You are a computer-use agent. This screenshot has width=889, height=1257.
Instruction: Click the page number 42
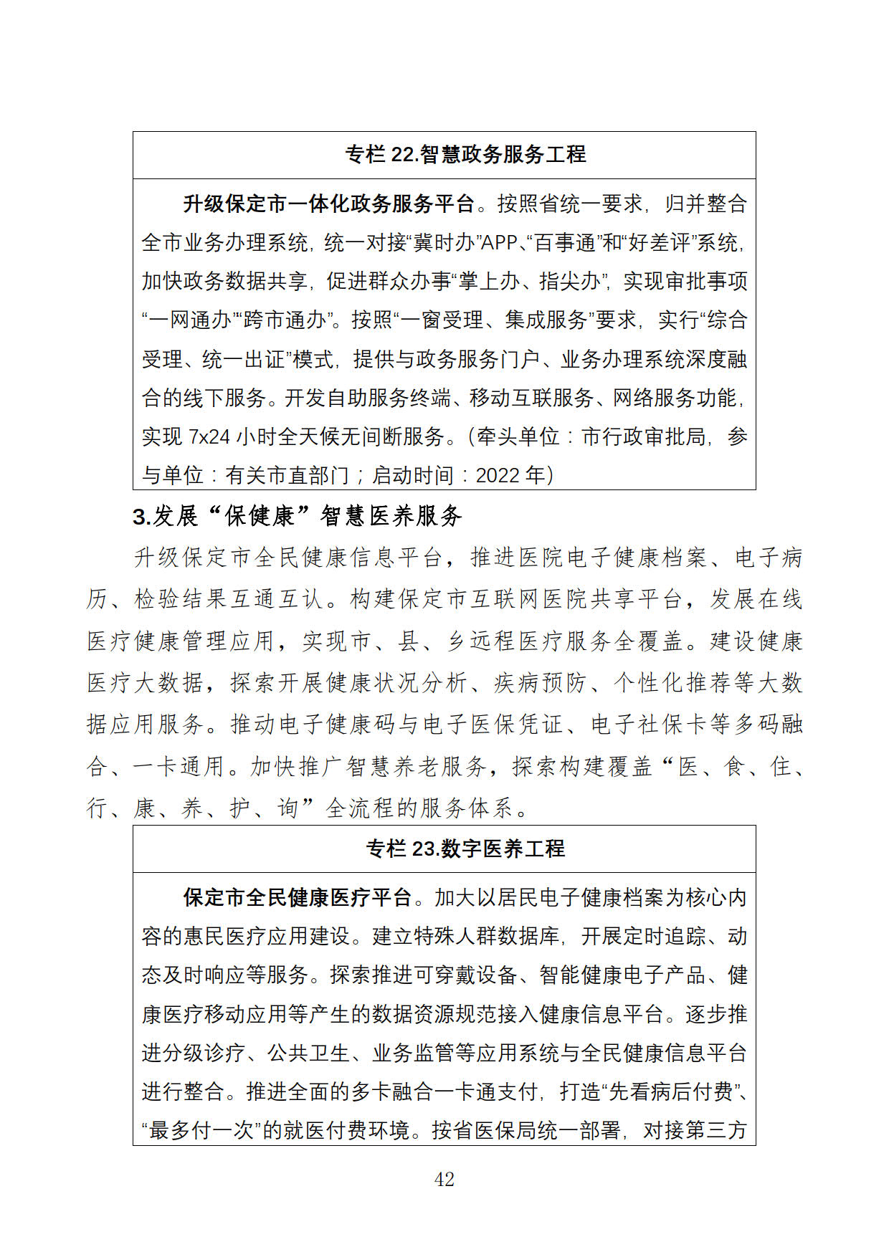pyautogui.click(x=444, y=1179)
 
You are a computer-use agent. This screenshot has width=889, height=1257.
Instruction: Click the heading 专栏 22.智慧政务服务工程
pyautogui.click(x=465, y=154)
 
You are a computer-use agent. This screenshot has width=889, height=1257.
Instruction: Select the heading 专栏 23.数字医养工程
pyautogui.click(x=465, y=849)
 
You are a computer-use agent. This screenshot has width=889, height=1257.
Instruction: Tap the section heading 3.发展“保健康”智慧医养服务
pyautogui.click(x=297, y=516)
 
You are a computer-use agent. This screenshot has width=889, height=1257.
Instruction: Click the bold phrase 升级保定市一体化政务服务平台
pyautogui.click(x=329, y=204)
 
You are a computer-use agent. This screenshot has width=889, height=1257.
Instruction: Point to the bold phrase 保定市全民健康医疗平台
pyautogui.click(x=298, y=897)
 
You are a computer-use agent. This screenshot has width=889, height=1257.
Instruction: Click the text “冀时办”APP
pyautogui.click(x=463, y=243)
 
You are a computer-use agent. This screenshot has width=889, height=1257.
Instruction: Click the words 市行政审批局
pyautogui.click(x=643, y=436)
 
